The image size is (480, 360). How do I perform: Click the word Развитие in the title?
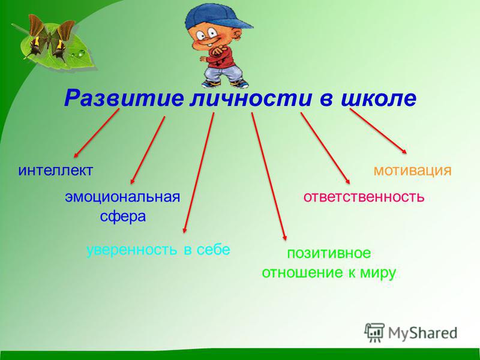click(x=124, y=98)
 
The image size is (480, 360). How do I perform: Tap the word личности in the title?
click(x=251, y=98)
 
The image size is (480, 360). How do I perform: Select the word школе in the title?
click(x=379, y=98)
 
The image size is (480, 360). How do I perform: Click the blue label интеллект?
click(x=55, y=170)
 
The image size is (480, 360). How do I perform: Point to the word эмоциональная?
click(x=122, y=197)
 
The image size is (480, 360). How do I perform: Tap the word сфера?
click(x=123, y=217)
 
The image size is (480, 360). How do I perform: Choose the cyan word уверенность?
click(x=132, y=250)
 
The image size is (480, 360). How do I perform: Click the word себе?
click(x=214, y=250)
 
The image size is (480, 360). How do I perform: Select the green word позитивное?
click(x=329, y=253)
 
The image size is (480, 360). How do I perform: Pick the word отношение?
click(x=302, y=273)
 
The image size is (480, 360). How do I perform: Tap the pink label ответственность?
click(x=364, y=197)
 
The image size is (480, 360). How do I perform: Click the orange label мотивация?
click(x=413, y=171)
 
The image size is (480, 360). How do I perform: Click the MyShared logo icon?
click(x=374, y=332)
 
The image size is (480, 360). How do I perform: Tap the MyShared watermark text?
click(x=423, y=333)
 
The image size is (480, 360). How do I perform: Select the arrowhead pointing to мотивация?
click(x=405, y=152)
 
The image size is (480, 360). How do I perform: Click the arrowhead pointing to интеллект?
click(x=76, y=155)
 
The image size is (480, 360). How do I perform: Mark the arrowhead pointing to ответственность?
click(x=348, y=182)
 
